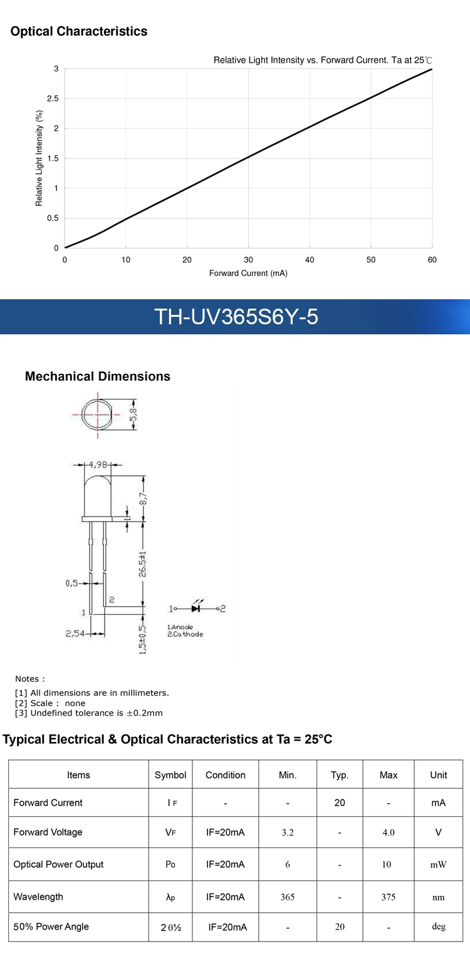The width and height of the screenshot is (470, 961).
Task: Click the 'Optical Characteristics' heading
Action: (79, 31)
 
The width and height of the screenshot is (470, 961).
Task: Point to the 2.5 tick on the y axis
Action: (53, 99)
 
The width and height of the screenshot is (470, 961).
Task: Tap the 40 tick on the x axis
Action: (310, 260)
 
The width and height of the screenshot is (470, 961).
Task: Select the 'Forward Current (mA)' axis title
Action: (248, 274)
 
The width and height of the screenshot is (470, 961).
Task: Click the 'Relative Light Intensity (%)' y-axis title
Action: (39, 158)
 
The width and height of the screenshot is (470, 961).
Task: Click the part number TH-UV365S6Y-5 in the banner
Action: (236, 317)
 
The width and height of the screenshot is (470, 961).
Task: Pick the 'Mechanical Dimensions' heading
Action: (97, 376)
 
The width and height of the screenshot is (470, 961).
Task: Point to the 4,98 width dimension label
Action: (98, 465)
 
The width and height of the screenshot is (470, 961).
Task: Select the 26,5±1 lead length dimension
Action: (143, 563)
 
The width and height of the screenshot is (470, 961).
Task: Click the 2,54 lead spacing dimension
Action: (75, 634)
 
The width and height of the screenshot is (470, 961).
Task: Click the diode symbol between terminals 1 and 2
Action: (196, 608)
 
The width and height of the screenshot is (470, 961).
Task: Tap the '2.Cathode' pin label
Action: (185, 634)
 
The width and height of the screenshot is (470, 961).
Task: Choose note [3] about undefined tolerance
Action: (89, 713)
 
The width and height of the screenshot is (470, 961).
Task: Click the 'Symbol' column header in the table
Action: (170, 775)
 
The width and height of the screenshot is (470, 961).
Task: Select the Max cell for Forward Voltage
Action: (389, 833)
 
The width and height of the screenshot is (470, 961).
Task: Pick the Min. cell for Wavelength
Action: (288, 897)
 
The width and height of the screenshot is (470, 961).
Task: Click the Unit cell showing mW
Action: (438, 865)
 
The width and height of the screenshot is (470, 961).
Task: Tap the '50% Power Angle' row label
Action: (51, 927)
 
